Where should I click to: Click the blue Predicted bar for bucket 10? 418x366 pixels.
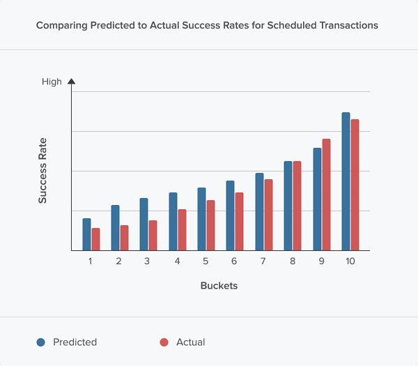[x=346, y=181]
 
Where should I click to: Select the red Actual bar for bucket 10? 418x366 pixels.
[x=355, y=185]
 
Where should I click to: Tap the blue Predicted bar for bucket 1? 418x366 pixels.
[x=87, y=234]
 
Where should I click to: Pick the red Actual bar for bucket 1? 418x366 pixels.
[x=96, y=239]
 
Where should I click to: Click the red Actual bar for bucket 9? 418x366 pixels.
[x=326, y=195]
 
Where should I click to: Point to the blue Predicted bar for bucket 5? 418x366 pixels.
[x=202, y=219]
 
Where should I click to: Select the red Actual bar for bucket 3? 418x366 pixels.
[x=153, y=236]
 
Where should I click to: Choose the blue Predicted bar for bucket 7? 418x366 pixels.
[x=259, y=211]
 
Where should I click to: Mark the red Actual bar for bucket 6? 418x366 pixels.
[x=239, y=221]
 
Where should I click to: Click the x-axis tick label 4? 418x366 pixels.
[x=177, y=261]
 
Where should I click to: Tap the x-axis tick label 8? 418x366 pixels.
[x=293, y=261]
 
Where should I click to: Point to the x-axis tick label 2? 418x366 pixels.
[x=119, y=261]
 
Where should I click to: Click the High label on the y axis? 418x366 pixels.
[x=52, y=82]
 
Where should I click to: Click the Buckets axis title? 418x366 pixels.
[x=219, y=286]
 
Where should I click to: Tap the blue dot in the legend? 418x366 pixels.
[x=41, y=342]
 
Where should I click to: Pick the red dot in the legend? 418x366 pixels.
[x=164, y=342]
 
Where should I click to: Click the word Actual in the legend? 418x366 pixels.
[x=190, y=342]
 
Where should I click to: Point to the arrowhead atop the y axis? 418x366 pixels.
[x=71, y=82]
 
